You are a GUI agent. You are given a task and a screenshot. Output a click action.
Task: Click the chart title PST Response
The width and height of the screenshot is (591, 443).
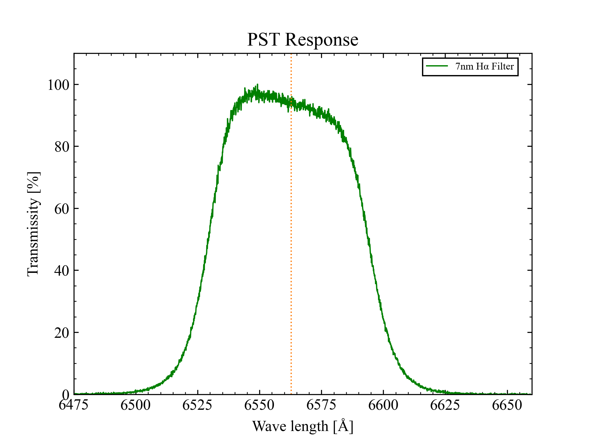pyautogui.click(x=303, y=40)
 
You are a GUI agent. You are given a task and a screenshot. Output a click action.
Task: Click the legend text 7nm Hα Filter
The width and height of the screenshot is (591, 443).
pyautogui.click(x=484, y=66)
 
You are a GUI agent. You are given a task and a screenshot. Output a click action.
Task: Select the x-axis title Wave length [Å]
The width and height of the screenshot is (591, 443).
pyautogui.click(x=303, y=426)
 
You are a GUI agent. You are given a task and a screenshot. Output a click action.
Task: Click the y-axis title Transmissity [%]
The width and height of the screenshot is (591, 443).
pyautogui.click(x=33, y=224)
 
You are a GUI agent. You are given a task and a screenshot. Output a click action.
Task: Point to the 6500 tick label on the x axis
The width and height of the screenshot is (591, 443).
pyautogui.click(x=135, y=405)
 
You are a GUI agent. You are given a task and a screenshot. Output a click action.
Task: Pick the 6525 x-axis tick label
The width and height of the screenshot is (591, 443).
pyautogui.click(x=197, y=405)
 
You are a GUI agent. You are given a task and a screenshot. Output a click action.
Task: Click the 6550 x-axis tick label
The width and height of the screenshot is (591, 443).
pyautogui.click(x=259, y=405)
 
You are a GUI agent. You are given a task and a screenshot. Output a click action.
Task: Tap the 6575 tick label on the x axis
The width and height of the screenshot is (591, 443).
pyautogui.click(x=321, y=405)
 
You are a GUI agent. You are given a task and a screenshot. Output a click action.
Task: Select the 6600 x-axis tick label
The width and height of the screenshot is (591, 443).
pyautogui.click(x=383, y=405)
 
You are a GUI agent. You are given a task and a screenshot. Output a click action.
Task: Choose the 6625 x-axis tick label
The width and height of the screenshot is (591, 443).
pyautogui.click(x=445, y=405)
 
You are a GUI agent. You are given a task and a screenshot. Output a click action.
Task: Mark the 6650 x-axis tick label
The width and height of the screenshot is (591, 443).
pyautogui.click(x=507, y=405)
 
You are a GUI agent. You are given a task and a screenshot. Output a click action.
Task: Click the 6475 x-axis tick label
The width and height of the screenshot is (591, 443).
pyautogui.click(x=74, y=405)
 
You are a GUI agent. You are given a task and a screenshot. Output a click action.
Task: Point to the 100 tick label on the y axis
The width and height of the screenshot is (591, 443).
pyautogui.click(x=58, y=85)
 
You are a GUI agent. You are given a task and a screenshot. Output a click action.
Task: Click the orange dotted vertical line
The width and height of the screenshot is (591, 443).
pyautogui.click(x=291, y=246)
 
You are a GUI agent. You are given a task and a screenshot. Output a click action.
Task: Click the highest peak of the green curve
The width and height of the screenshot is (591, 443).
pyautogui.click(x=257, y=85)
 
